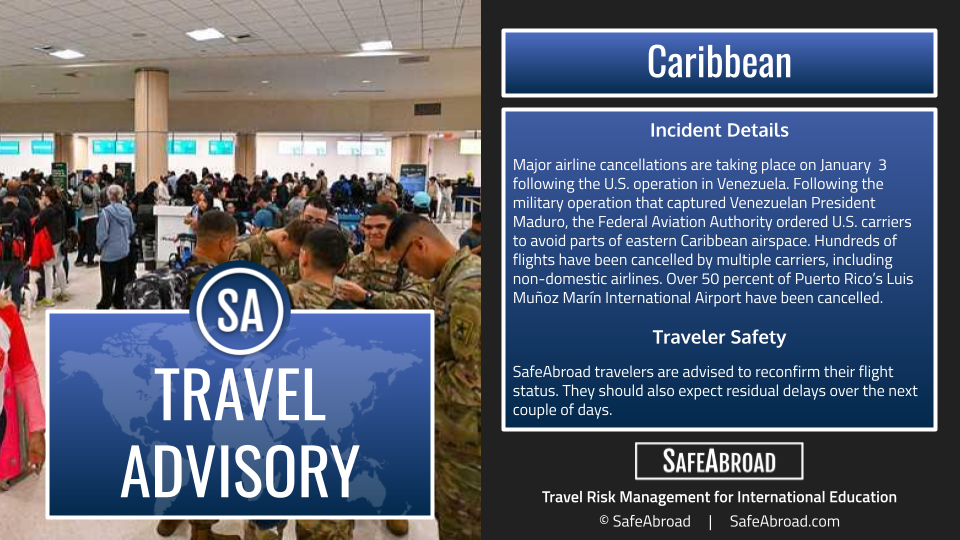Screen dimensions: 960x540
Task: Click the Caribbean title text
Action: pos(719,62)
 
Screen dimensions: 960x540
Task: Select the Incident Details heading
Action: pos(719,130)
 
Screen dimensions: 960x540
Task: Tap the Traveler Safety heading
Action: pos(719,337)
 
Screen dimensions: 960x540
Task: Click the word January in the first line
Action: pos(846,165)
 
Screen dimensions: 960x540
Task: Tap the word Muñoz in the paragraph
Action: pos(537,298)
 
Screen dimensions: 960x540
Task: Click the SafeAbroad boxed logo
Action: pos(719,461)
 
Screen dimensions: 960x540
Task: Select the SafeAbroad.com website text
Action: pos(784,521)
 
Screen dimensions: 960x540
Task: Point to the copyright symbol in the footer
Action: pos(604,520)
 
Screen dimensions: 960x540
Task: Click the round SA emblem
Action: pos(240,309)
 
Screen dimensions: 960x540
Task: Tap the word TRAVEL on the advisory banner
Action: pos(240,394)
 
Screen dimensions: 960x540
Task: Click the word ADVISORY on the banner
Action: pos(240,470)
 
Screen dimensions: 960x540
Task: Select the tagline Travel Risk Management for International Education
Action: pos(719,497)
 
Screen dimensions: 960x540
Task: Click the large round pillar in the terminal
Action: pos(151,129)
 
